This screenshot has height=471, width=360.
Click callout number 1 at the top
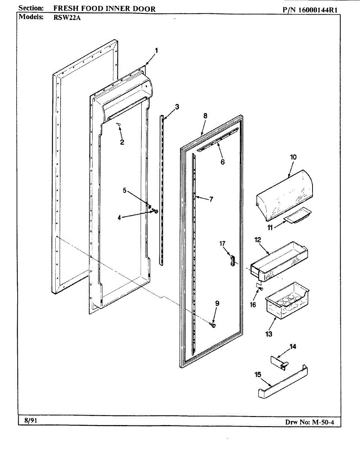(x=156, y=50)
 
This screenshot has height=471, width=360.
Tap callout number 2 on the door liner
(x=122, y=142)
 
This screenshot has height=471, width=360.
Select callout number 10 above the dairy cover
(x=293, y=157)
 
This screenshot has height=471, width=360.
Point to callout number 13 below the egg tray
(x=269, y=334)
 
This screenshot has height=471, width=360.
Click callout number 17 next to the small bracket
(x=222, y=244)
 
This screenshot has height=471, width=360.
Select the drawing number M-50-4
(x=325, y=422)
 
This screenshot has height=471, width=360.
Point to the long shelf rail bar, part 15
(x=283, y=383)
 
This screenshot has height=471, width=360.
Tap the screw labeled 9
(x=214, y=325)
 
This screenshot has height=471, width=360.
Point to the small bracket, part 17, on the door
(x=232, y=260)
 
